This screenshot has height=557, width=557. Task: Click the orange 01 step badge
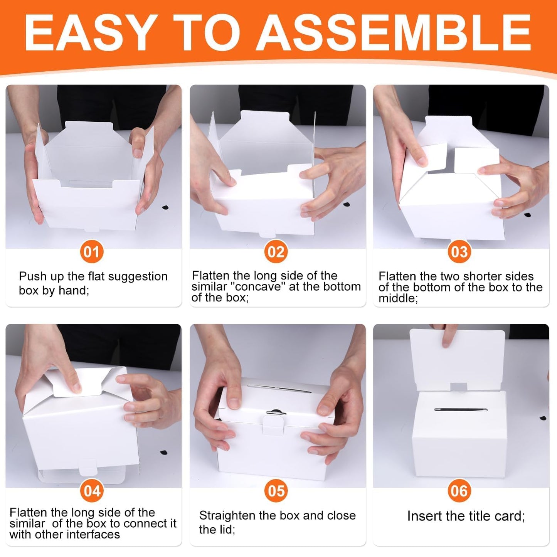[x=92, y=252]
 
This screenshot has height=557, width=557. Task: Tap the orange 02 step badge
[x=276, y=252]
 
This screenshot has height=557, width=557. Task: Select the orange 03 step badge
[x=459, y=252]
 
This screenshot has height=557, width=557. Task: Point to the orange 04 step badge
[x=92, y=491]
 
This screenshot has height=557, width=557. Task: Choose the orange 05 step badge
[x=276, y=491]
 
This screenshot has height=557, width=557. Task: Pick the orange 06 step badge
[x=459, y=491]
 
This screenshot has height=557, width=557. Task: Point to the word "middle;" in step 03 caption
[x=398, y=298]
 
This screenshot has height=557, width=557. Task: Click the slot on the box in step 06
[x=461, y=409]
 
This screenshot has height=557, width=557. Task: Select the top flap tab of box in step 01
[x=89, y=126]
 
